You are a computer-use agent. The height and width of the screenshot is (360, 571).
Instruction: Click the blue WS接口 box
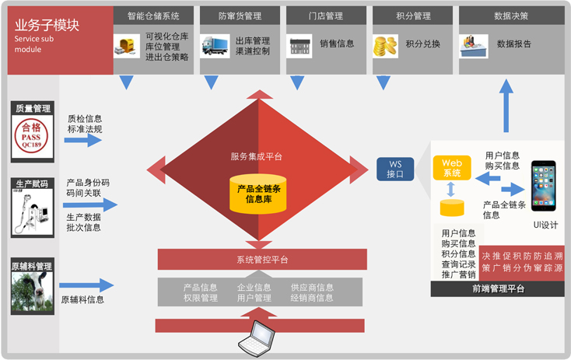395,169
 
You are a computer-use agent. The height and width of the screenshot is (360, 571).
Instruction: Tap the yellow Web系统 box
451,168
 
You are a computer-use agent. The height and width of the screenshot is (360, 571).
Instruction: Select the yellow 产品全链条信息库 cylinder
258,194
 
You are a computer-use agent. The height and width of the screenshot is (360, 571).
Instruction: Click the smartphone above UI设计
543,187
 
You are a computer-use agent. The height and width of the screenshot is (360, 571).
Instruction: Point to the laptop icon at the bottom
256,335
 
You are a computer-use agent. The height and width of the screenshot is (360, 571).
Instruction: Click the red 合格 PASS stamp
33,133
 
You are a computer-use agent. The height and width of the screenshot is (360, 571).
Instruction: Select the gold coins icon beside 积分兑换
385,47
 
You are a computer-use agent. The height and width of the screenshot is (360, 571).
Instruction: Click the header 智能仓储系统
153,16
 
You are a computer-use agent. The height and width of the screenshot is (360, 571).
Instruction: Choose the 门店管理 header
326,16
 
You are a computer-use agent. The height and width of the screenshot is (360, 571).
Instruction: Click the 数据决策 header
510,16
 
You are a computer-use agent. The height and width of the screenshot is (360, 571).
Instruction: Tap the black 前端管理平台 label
497,289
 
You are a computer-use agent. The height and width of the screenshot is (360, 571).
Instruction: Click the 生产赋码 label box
33,184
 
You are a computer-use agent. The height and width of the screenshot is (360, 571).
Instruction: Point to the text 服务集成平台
257,156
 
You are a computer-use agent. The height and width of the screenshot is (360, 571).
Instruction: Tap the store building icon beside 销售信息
300,47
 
